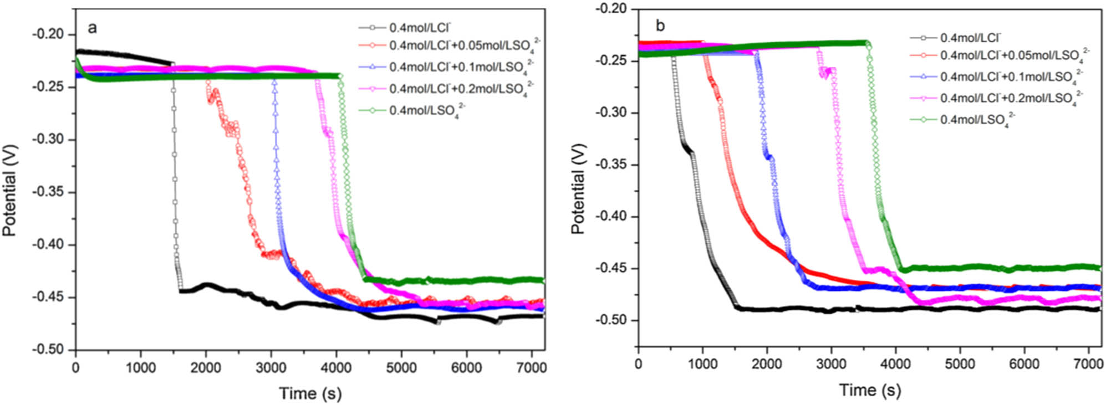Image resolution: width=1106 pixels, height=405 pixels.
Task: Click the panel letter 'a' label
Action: click(x=92, y=28)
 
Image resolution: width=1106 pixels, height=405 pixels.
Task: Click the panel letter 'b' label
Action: click(x=660, y=25)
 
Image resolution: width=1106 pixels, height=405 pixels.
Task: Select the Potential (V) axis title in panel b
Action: click(x=578, y=188)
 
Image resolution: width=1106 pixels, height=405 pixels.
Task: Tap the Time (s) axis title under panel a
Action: click(x=310, y=393)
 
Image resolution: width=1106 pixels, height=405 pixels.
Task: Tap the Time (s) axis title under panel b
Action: click(x=870, y=390)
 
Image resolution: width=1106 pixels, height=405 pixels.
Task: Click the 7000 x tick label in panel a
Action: click(x=531, y=368)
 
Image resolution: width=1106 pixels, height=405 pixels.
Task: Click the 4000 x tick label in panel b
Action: click(x=895, y=364)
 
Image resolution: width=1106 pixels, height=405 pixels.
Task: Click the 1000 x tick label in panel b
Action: click(x=702, y=364)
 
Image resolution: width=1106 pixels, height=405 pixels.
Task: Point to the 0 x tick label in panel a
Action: click(x=76, y=368)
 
